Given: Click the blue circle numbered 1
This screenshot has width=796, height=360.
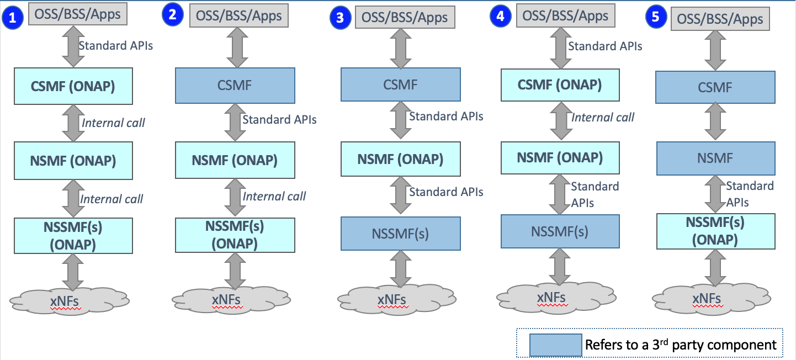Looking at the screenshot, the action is tap(13, 18).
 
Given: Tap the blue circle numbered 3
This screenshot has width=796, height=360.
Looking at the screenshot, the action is tap(340, 18).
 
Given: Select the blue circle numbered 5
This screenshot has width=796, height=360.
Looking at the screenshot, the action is tap(656, 17).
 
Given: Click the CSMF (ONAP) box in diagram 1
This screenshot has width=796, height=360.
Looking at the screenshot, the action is tap(73, 86).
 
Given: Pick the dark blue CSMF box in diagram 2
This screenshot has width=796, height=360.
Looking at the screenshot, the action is tap(235, 85).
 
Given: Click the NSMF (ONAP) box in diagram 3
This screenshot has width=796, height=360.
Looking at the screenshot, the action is tap(401, 159).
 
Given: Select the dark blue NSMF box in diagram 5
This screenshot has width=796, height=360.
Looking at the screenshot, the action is tap(716, 158).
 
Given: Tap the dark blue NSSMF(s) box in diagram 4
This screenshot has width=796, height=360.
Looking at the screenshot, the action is tap(560, 231).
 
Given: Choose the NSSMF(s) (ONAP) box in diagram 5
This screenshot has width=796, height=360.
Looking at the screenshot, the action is tap(716, 231).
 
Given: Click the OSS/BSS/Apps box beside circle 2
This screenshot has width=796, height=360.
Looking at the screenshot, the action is tap(239, 15).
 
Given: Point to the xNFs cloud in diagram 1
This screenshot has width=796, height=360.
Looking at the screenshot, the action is tap(70, 301).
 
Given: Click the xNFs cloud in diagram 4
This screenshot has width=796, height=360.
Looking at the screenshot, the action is tap(556, 298).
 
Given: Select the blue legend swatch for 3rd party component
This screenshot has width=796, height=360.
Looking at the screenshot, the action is tap(555, 345).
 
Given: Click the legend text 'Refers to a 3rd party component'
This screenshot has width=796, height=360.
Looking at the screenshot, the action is tap(681, 345).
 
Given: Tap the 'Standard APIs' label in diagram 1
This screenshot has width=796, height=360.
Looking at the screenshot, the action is tap(115, 45).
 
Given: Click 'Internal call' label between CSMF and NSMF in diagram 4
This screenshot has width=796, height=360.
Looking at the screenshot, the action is tap(603, 117).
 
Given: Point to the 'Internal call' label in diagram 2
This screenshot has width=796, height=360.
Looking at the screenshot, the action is tap(274, 196).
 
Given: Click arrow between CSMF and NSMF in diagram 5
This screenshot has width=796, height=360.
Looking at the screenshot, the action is tap(715, 121).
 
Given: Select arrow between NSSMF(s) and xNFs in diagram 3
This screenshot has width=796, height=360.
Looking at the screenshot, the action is tap(401, 269).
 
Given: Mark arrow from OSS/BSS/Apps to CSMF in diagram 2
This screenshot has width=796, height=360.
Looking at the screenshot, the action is tap(237, 47).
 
